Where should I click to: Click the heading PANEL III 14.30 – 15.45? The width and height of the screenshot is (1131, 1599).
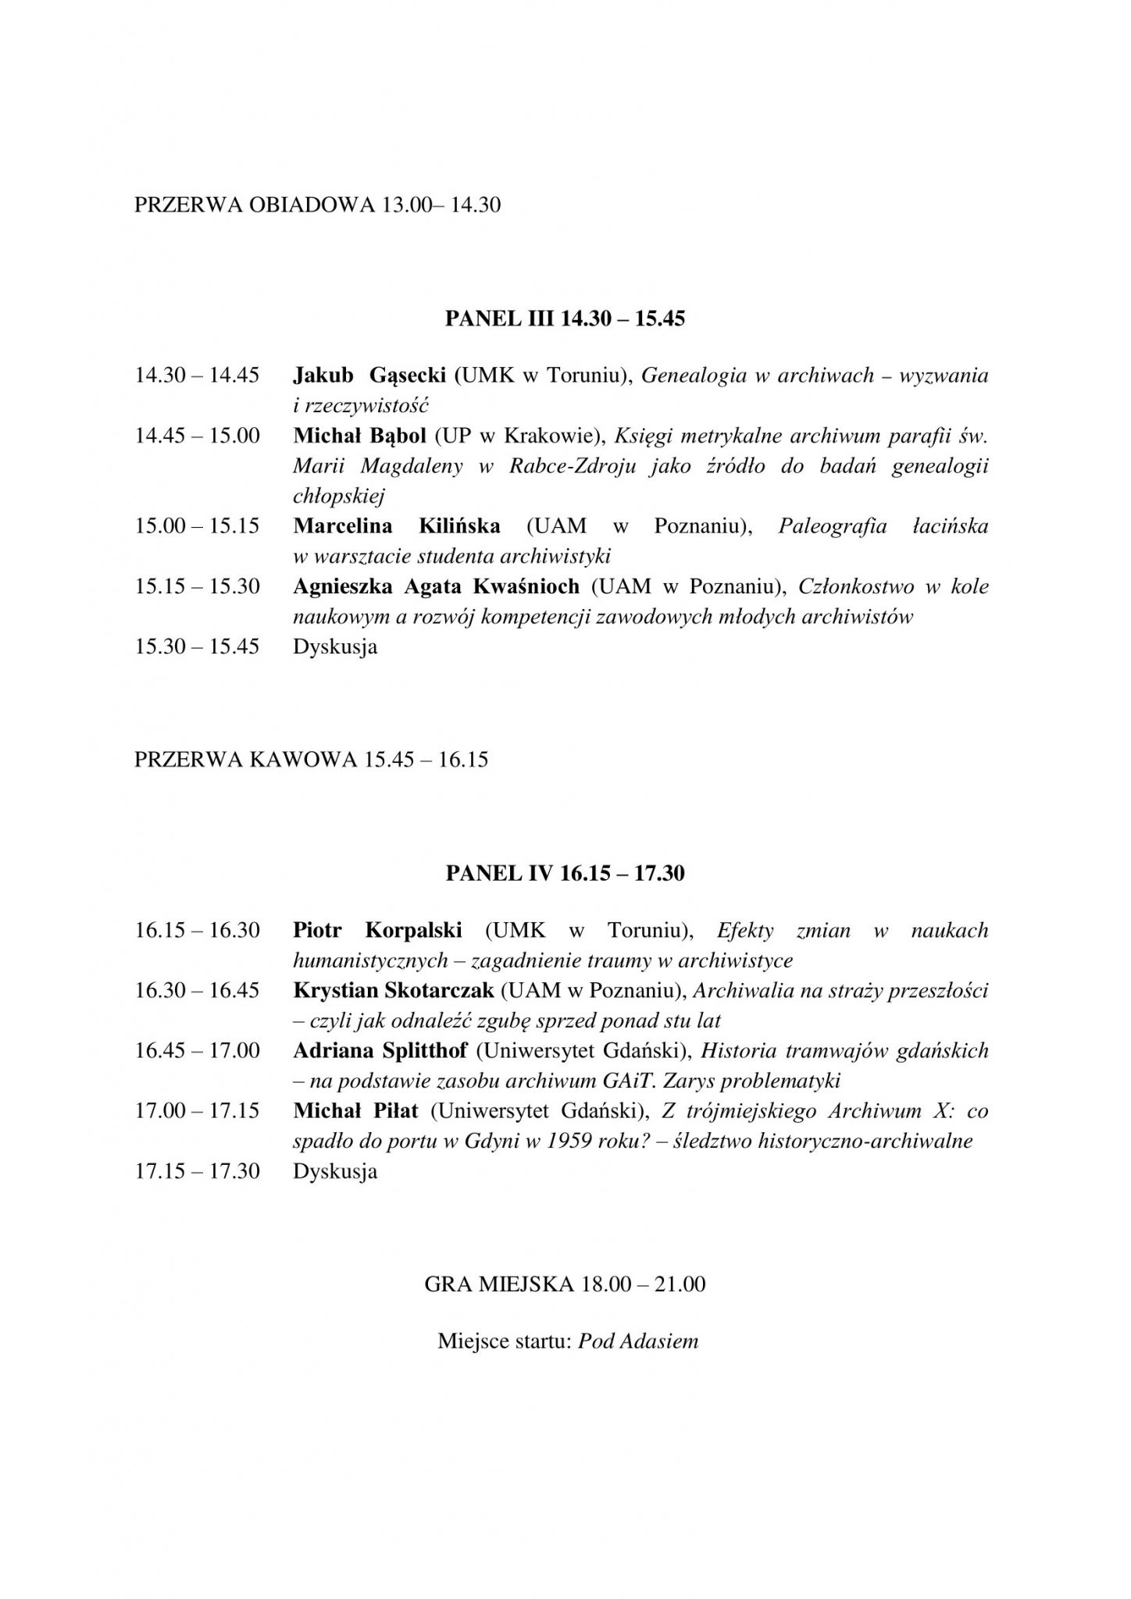pyautogui.click(x=565, y=319)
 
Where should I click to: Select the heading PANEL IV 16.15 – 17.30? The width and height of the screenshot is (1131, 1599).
pyautogui.click(x=565, y=873)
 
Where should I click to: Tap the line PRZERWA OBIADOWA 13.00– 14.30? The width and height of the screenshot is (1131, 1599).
pyautogui.click(x=317, y=205)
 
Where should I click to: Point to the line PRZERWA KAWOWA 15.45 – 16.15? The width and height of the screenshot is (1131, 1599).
pyautogui.click(x=311, y=759)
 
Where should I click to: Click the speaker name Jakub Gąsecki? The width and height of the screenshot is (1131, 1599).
pyautogui.click(x=369, y=376)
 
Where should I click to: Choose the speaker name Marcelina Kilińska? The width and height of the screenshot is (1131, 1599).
pyautogui.click(x=396, y=526)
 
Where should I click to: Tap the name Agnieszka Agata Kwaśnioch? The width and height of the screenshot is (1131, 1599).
pyautogui.click(x=436, y=586)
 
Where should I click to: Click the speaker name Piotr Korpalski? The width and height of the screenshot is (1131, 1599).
pyautogui.click(x=377, y=930)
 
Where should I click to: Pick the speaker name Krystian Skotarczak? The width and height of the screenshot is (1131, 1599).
pyautogui.click(x=394, y=991)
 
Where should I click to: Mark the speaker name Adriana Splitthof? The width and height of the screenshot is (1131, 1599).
pyautogui.click(x=380, y=1051)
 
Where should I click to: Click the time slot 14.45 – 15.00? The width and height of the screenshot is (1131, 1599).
pyautogui.click(x=197, y=436)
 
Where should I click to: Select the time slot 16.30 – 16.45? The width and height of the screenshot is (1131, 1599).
pyautogui.click(x=197, y=991)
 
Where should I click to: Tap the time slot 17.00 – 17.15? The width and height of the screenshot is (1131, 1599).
pyautogui.click(x=197, y=1111)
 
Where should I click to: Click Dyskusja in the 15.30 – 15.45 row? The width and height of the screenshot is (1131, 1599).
pyautogui.click(x=335, y=647)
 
